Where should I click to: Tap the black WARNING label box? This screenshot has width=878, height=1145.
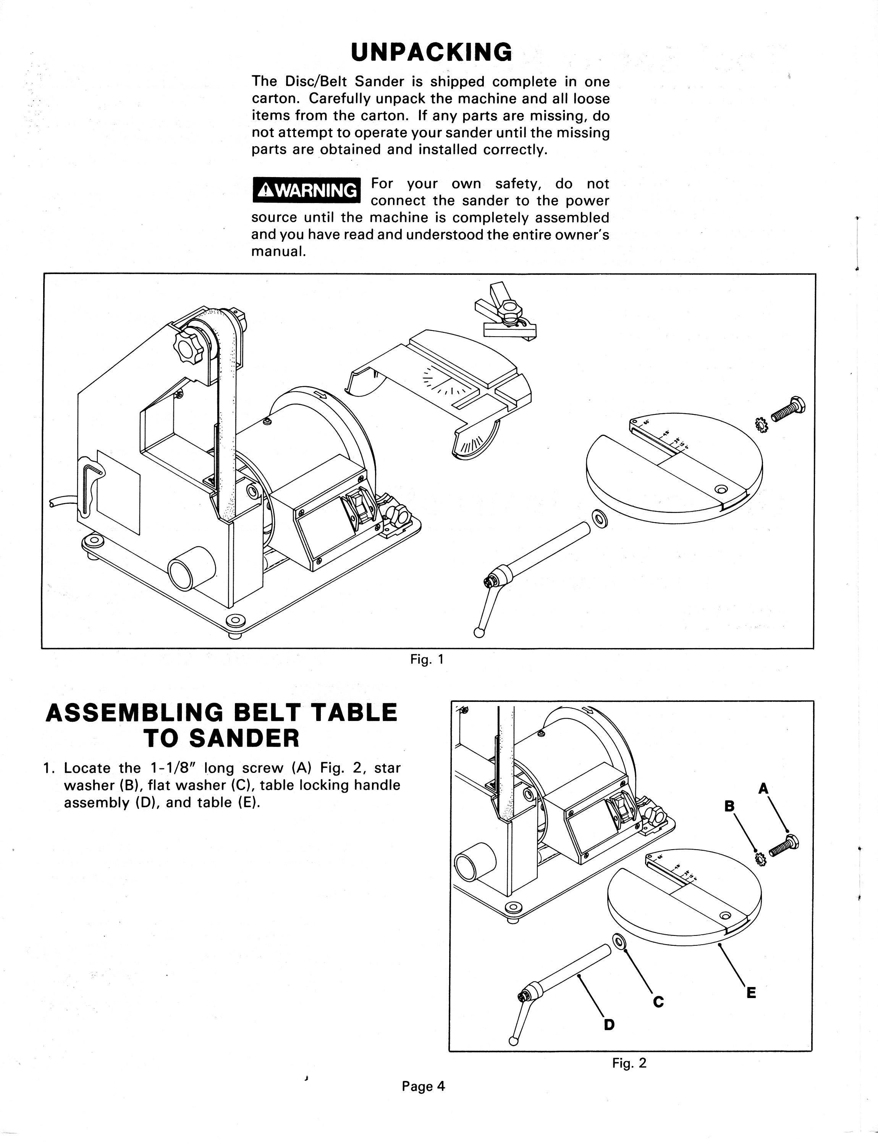click(x=306, y=190)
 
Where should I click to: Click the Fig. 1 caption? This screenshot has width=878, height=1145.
click(x=427, y=659)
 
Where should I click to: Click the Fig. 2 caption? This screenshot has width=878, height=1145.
click(x=629, y=1063)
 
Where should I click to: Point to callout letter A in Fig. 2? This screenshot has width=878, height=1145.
click(x=763, y=789)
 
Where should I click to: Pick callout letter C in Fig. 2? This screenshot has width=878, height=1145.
click(x=658, y=1001)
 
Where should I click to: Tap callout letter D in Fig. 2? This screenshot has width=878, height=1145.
click(x=610, y=1025)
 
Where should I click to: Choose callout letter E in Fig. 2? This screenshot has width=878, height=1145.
click(x=751, y=992)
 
